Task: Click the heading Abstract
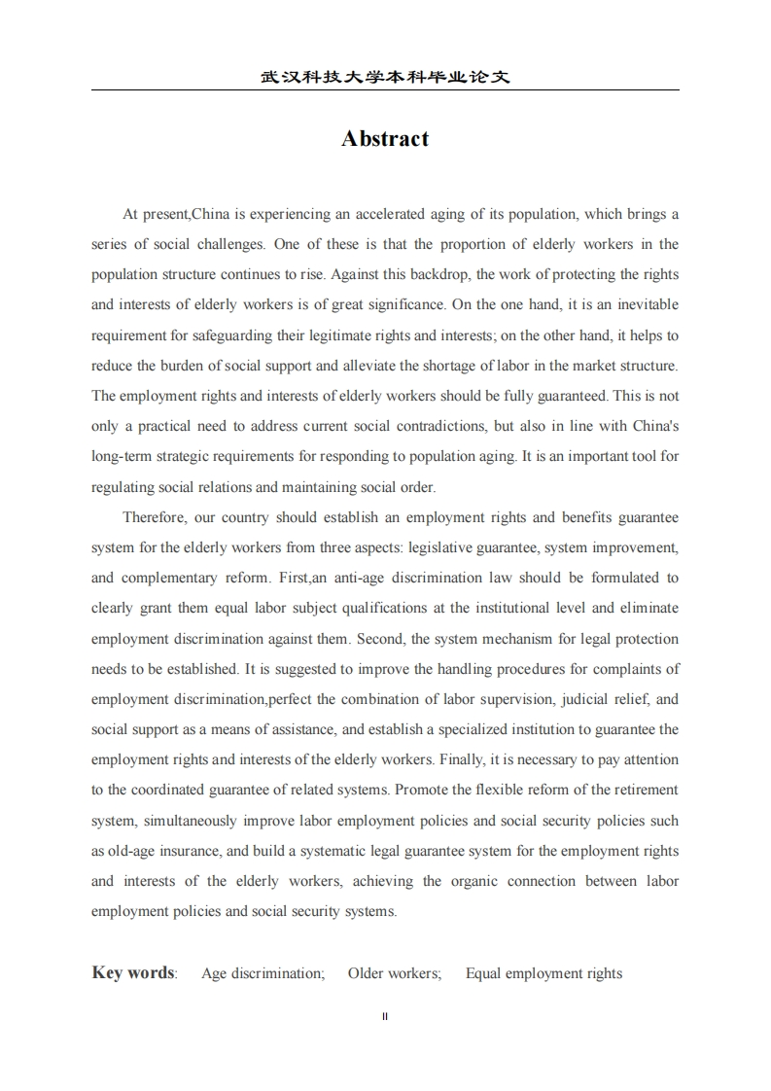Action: (385, 139)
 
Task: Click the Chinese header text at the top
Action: (385, 77)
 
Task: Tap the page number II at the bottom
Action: (385, 1016)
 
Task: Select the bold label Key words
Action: (133, 972)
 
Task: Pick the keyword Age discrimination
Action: (263, 973)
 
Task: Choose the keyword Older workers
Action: (394, 973)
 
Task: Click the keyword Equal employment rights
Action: (543, 973)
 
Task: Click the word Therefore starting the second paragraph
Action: (155, 517)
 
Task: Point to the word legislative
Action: (443, 547)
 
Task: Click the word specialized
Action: (482, 729)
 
